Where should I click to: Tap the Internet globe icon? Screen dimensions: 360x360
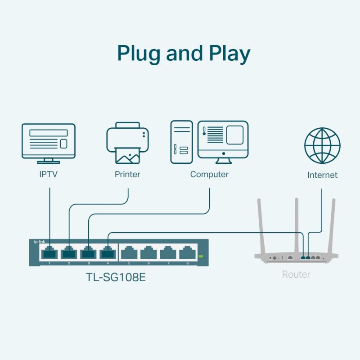click(x=322, y=146)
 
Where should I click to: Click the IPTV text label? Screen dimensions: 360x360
click(x=49, y=174)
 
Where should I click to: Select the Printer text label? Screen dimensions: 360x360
click(x=127, y=174)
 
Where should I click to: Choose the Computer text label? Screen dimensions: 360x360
click(x=209, y=174)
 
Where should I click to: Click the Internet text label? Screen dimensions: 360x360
click(x=322, y=175)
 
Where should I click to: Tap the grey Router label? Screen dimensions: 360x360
click(x=296, y=274)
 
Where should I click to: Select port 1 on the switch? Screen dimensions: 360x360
click(x=49, y=252)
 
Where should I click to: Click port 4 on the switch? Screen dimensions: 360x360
click(x=108, y=252)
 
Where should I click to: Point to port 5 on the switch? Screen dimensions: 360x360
click(x=128, y=252)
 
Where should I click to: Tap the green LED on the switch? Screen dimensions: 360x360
click(x=201, y=256)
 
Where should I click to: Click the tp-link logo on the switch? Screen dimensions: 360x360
click(x=40, y=242)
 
